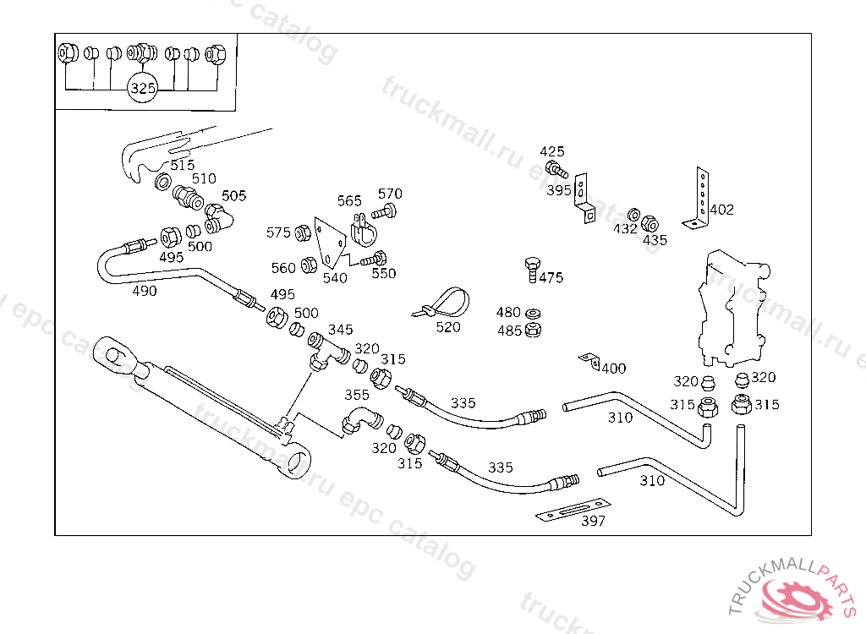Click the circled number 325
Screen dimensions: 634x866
(x=143, y=88)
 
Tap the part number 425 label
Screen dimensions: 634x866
(x=552, y=151)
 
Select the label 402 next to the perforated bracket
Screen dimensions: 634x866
(x=721, y=210)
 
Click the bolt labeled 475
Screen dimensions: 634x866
(x=531, y=269)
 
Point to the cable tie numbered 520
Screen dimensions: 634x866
(x=442, y=303)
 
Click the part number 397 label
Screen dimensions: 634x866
(x=593, y=521)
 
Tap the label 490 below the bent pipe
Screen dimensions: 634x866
(x=145, y=291)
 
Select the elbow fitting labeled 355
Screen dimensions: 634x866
(x=361, y=418)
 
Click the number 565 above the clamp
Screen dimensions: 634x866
(x=349, y=201)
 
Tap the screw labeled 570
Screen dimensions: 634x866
(x=386, y=210)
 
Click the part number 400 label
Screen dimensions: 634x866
(x=613, y=369)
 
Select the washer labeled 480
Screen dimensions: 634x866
(x=534, y=314)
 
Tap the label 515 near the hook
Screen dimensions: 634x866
(x=182, y=166)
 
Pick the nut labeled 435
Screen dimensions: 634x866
(x=649, y=225)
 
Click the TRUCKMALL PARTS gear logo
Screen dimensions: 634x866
(x=796, y=595)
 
